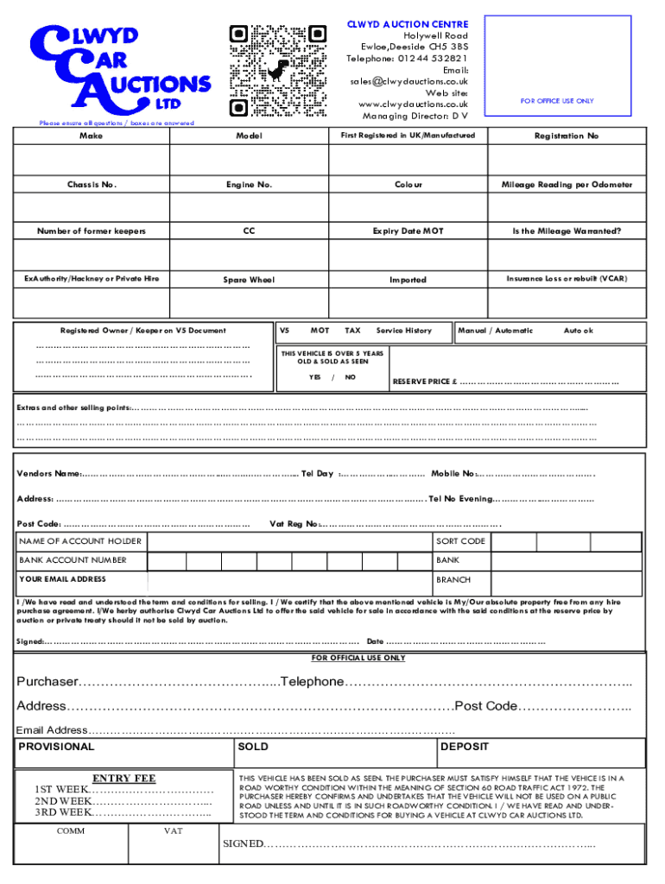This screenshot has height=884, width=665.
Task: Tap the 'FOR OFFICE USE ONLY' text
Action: (x=556, y=101)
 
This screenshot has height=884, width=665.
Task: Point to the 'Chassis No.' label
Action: (x=92, y=185)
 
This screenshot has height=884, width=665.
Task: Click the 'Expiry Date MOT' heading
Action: (x=408, y=231)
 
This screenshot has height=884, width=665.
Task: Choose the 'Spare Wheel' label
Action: (x=249, y=280)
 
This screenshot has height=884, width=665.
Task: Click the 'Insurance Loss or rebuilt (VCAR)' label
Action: (x=566, y=279)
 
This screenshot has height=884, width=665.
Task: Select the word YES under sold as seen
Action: (x=315, y=376)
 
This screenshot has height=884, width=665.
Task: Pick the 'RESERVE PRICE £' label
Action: (x=425, y=382)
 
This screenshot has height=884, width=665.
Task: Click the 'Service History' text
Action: (x=403, y=331)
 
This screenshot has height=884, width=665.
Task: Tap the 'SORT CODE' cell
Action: (x=460, y=541)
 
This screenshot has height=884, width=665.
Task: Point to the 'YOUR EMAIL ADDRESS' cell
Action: (x=63, y=579)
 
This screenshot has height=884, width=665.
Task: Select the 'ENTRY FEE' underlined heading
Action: (x=123, y=779)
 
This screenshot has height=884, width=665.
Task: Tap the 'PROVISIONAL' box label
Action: (x=57, y=747)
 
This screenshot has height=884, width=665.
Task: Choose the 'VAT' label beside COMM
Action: (x=173, y=831)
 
